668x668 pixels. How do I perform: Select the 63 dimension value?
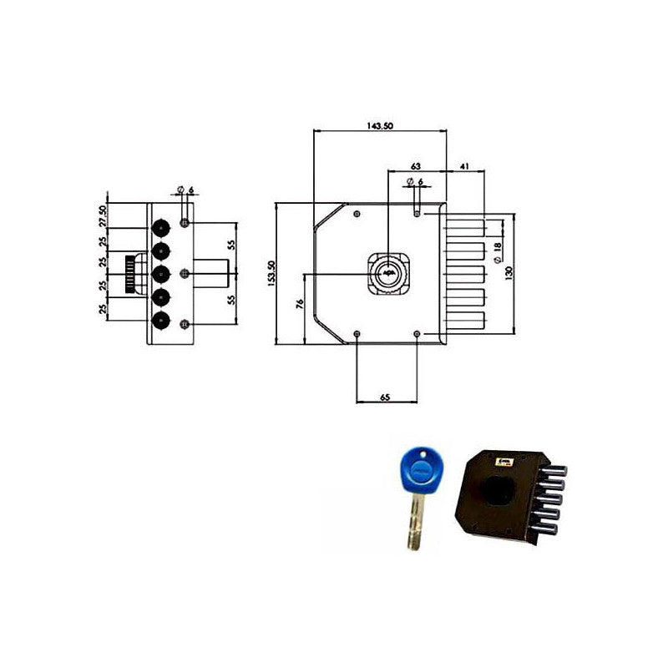tap(415, 166)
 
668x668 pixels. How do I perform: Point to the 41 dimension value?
tap(465, 166)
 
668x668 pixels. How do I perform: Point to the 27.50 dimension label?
tap(104, 215)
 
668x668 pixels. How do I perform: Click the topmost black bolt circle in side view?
tap(159, 225)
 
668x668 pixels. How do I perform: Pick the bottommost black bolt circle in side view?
tap(159, 321)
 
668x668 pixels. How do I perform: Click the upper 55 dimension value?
tap(230, 245)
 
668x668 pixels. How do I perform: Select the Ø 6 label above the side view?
tap(186, 190)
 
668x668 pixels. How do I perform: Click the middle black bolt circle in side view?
tap(159, 273)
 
